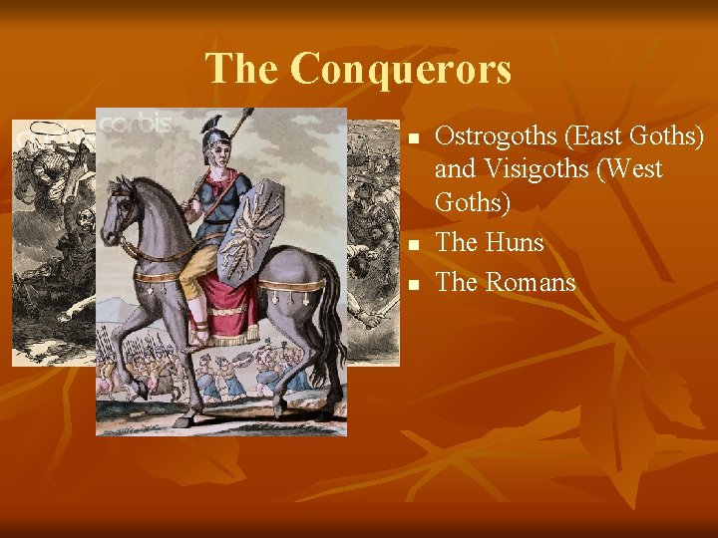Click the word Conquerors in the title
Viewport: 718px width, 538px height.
click(x=402, y=69)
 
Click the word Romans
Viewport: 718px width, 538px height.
click(x=531, y=283)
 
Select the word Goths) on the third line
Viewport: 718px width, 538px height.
click(x=472, y=202)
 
